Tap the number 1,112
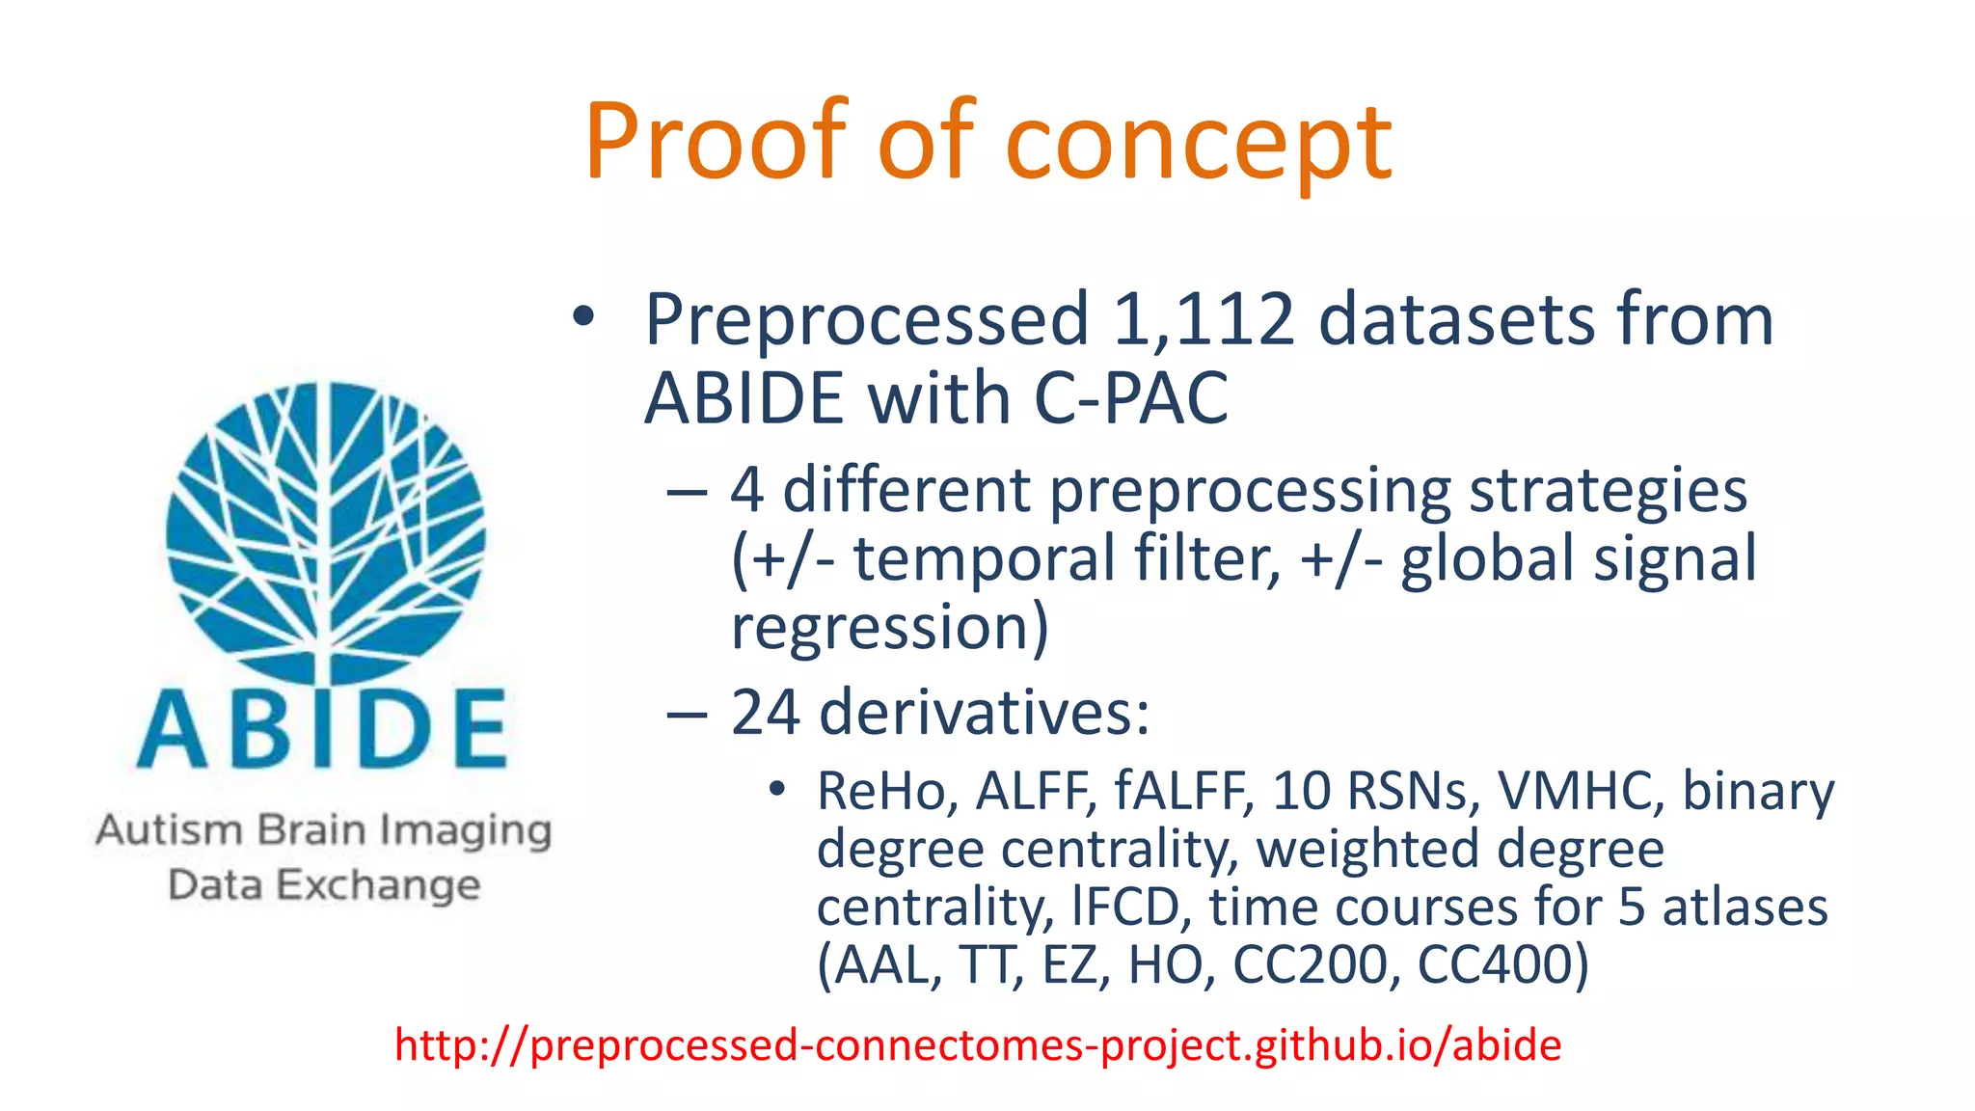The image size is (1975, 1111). coord(1203,319)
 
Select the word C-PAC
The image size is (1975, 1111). coord(1130,398)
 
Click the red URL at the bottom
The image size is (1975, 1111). coord(977,1045)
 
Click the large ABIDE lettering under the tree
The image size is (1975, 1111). coord(323,730)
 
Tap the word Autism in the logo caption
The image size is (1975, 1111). coord(170,830)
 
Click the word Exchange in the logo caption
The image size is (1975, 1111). coord(378,885)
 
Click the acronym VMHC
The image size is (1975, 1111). coord(1580,792)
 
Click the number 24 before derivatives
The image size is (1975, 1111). coord(765,713)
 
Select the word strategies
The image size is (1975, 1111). coord(1608,491)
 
